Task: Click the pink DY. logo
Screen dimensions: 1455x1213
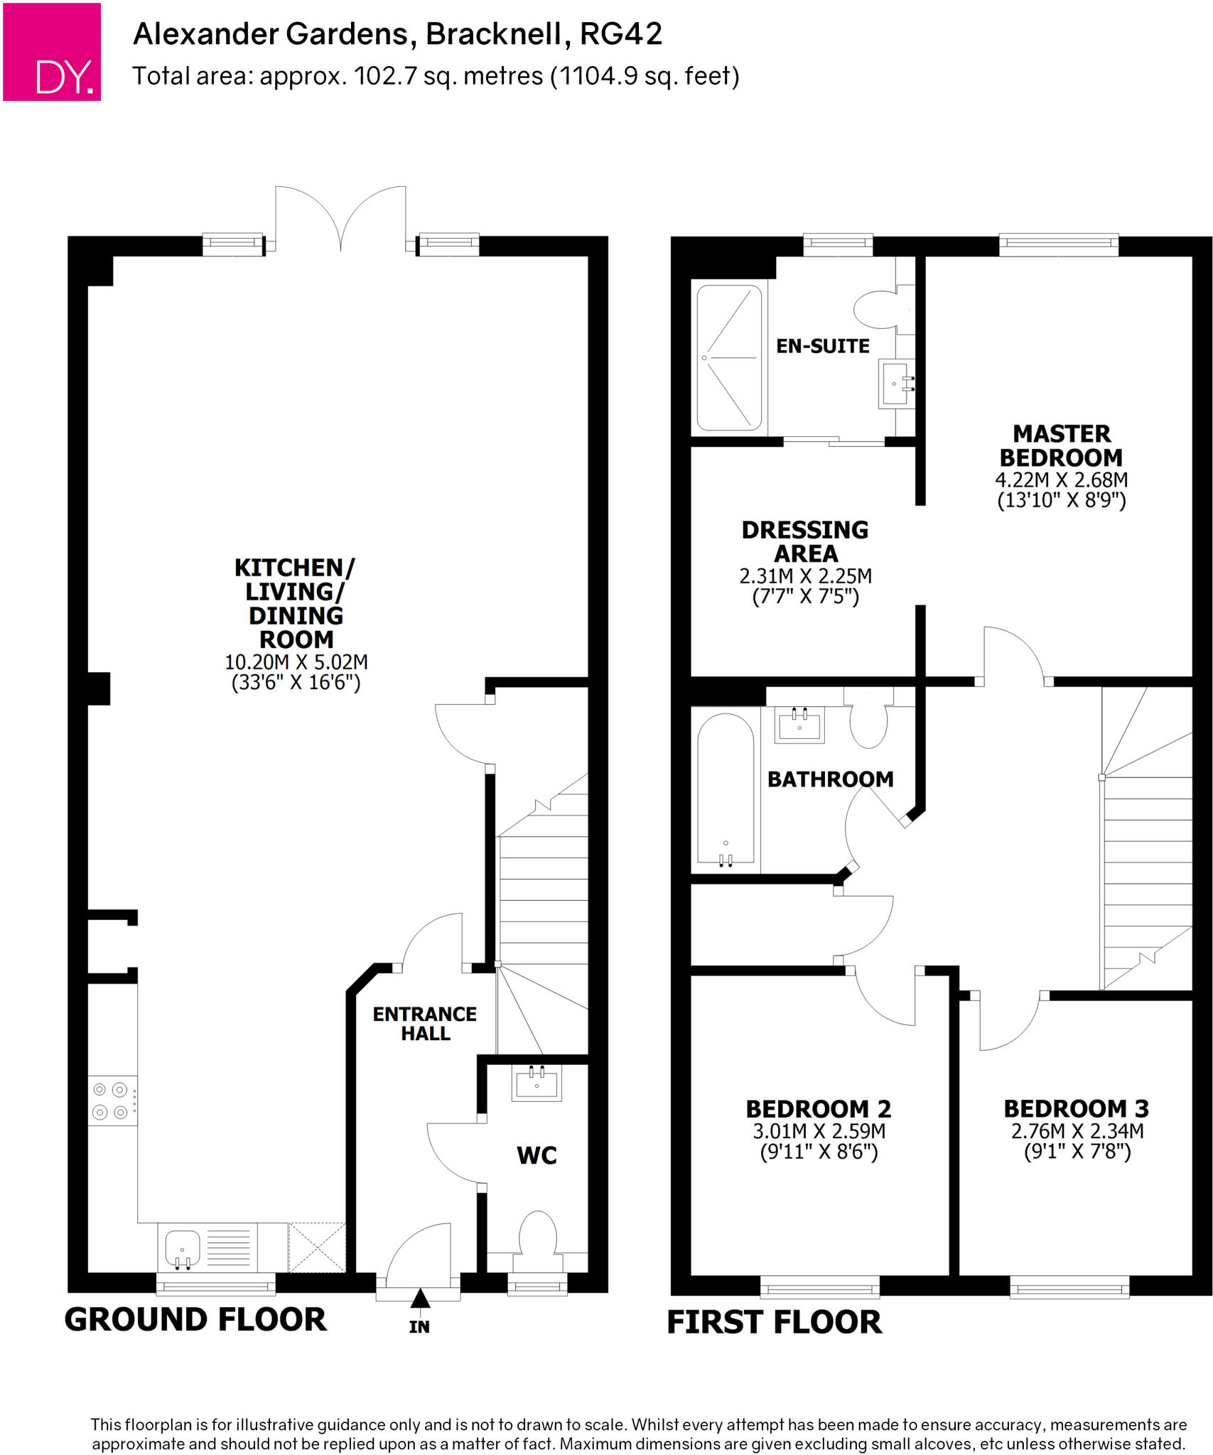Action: (x=52, y=52)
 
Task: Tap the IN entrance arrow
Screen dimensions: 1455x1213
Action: (x=420, y=1299)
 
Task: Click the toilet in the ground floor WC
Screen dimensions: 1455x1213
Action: (x=537, y=1240)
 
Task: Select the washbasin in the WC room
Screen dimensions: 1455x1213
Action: (x=537, y=1083)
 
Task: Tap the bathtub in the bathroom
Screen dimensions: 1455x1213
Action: (x=726, y=792)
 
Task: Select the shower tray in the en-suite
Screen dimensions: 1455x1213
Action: (x=729, y=357)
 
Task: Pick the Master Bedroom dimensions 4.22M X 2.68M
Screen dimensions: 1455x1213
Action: (x=1061, y=480)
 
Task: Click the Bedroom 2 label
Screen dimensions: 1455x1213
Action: (x=818, y=1109)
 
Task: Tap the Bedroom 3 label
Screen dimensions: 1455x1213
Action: (x=1076, y=1109)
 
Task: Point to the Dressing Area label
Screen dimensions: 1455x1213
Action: (x=805, y=541)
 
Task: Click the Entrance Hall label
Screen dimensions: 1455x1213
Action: (x=425, y=1024)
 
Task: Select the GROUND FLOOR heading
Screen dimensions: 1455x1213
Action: (x=195, y=1320)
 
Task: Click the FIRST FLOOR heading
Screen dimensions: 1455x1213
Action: (x=774, y=1323)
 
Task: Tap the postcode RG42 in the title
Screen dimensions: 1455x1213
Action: (x=621, y=34)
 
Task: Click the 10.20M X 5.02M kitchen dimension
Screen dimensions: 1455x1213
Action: (x=296, y=662)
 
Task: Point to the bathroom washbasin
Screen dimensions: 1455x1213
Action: (x=799, y=725)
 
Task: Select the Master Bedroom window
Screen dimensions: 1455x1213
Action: (x=1058, y=244)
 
